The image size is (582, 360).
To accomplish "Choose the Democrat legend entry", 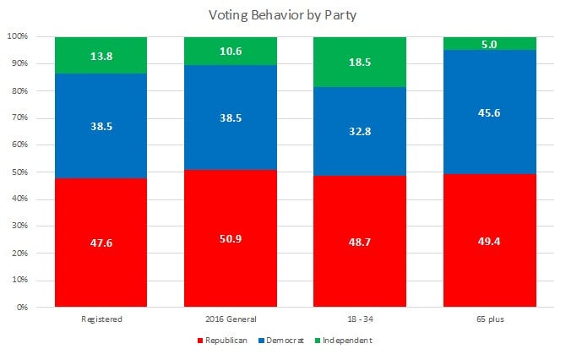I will click(286, 340).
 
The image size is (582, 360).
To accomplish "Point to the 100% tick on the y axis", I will click(18, 37).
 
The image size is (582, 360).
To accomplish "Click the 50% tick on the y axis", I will click(19, 172).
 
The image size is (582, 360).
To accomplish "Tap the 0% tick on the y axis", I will click(22, 308).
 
